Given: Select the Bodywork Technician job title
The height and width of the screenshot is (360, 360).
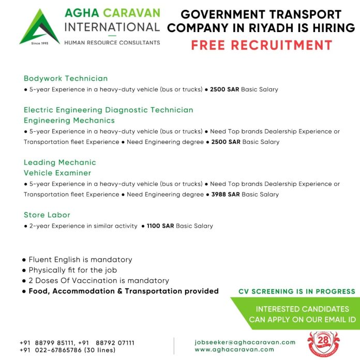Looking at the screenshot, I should pos(66,79).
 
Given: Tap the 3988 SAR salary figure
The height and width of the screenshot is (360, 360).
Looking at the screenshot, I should pos(226,194).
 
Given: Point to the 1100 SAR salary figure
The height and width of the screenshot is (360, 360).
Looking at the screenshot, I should pos(160,226).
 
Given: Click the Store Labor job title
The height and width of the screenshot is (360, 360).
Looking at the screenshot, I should pos(47,215).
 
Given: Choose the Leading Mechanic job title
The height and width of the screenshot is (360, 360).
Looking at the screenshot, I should pos(60,162).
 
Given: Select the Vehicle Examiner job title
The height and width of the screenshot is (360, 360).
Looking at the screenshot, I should pos(57,173).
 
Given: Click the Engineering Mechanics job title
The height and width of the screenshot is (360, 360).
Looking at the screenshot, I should pos(69,121).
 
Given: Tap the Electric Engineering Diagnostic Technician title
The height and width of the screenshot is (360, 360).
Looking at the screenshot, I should pos(109,110).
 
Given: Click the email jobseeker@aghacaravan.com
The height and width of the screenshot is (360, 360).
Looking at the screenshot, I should pos(245,327).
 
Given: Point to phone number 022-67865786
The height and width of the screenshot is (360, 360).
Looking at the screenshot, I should pos(62,335).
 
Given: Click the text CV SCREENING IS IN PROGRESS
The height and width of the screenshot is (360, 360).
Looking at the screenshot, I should pos(296,292).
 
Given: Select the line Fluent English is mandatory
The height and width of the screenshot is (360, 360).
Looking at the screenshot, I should pos(80,260).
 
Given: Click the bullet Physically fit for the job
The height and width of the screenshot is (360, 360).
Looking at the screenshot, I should pos(72,270).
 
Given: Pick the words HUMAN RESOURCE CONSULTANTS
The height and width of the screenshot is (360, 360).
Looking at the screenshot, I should pos(112,42).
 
